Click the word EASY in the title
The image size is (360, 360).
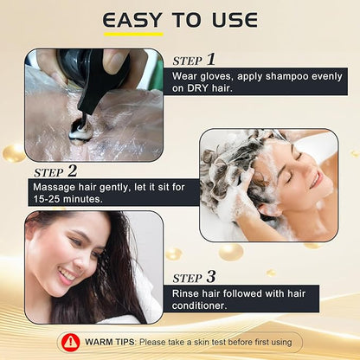[132, 20]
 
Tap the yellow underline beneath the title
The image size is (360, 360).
[133, 35]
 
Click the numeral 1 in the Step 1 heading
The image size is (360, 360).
[211, 60]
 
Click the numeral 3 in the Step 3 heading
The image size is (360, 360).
[211, 277]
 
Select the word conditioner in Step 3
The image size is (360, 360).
[199, 305]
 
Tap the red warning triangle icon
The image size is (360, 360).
[70, 343]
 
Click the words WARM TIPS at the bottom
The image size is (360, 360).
[110, 343]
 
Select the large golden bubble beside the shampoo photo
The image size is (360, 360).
[14, 153]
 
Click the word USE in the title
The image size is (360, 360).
[235, 20]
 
